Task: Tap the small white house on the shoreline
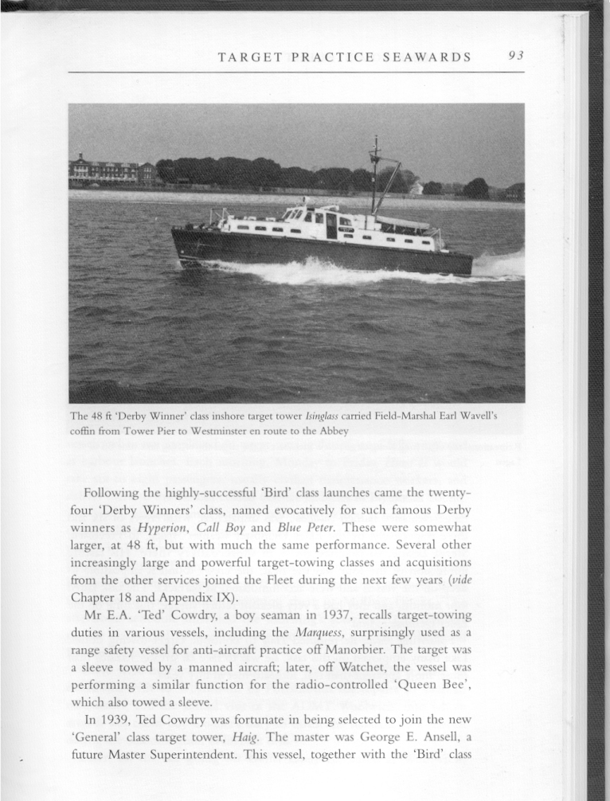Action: pyautogui.click(x=416, y=188)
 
